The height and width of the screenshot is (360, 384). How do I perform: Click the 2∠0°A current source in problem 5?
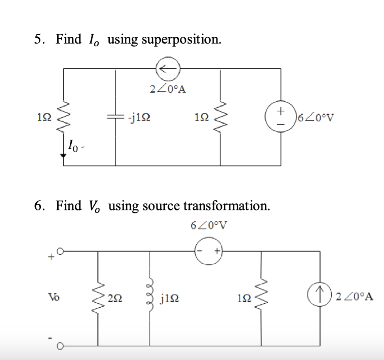pos(168,68)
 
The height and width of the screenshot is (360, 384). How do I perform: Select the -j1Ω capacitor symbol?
pos(115,117)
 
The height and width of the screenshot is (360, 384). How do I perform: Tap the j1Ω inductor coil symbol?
pos(149,297)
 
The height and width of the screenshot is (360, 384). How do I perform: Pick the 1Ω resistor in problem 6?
pos(261,297)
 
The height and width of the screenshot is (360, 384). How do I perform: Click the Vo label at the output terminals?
pos(52,296)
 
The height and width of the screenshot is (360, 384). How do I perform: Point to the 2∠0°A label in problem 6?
pos(354,297)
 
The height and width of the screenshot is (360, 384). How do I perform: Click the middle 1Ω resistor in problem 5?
pos(220,117)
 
